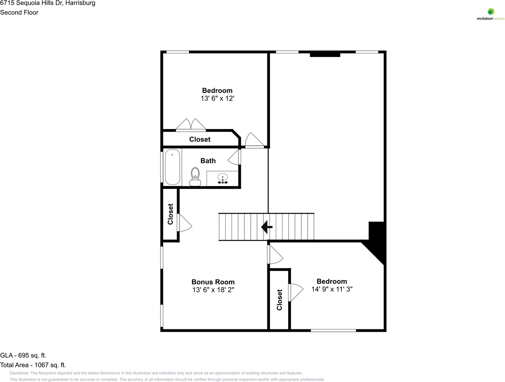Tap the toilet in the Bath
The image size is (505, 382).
click(x=195, y=176)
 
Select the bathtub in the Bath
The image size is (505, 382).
click(x=172, y=167)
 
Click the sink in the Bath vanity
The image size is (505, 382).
click(x=222, y=178)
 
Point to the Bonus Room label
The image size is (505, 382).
click(x=213, y=282)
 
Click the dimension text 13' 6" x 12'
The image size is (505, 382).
click(x=217, y=98)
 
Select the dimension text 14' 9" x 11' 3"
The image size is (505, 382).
click(x=331, y=289)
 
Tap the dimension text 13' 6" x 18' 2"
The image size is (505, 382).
click(x=213, y=290)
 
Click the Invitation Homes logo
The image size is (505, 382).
click(x=490, y=14)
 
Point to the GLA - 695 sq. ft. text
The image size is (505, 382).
click(x=23, y=355)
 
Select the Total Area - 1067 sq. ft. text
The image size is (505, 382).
click(x=33, y=365)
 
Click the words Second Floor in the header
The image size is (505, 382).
click(x=19, y=12)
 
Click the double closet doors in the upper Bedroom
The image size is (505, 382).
click(x=191, y=125)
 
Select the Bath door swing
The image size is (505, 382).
click(x=234, y=158)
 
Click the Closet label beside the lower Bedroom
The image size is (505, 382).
click(x=279, y=300)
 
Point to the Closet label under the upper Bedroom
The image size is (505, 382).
click(x=200, y=139)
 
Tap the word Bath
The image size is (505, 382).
click(x=208, y=161)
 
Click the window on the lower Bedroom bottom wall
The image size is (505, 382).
click(x=333, y=330)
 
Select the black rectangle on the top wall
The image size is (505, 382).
click(x=325, y=54)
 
